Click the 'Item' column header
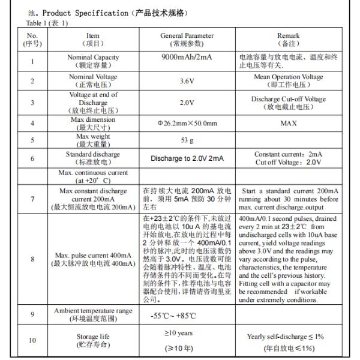coord(92,40)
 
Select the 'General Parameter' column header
coord(187,40)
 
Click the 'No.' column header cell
coord(32,40)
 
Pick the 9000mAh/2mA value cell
coord(187,58)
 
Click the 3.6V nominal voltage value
coord(187,80)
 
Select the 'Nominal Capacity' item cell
coord(92,61)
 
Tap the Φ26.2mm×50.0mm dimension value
coord(187,123)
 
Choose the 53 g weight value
coord(187,141)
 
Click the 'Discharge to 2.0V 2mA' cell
coord(187,159)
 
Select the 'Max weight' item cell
coord(92,141)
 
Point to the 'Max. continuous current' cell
coord(92,176)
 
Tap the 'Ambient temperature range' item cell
coord(92,313)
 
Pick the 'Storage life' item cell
coord(92,340)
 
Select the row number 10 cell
coord(32,340)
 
